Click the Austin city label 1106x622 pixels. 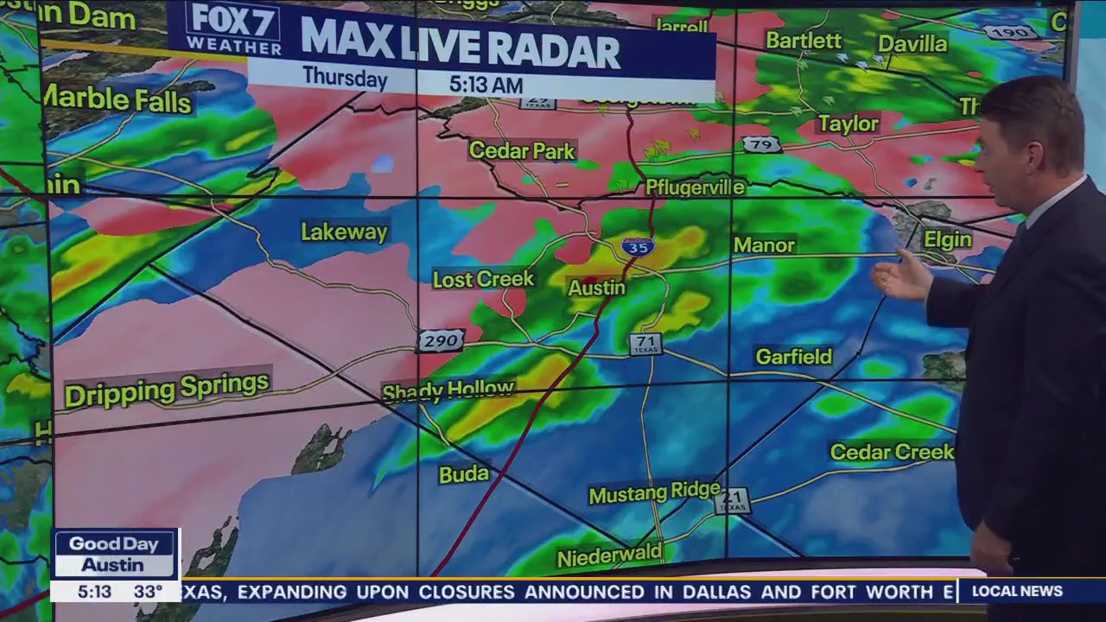pos(596,288)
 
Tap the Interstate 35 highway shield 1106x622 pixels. pos(637,247)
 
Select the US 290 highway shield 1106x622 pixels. pos(441,341)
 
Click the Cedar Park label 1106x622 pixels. pos(522,151)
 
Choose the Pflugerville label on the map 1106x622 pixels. pos(695,187)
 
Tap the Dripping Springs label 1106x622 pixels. pos(167,389)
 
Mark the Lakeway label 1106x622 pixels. pos(344,232)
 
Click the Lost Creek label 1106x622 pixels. pos(483,279)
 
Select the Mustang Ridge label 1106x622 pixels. pos(654,492)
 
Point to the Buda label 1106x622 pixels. pos(464,474)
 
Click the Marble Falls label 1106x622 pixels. pos(117,99)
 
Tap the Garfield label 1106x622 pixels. pos(793,356)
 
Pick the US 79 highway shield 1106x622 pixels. pos(760,144)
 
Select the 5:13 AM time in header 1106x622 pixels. pos(486,85)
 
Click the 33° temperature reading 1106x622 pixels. pos(148,592)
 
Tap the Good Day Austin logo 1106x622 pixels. pos(114,554)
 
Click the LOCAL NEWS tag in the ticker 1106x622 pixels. pos(1017,591)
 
